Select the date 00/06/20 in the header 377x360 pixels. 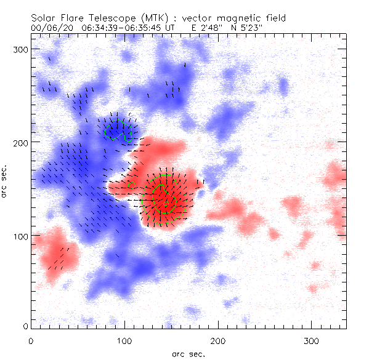48,28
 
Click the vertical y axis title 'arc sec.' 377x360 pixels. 6,182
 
